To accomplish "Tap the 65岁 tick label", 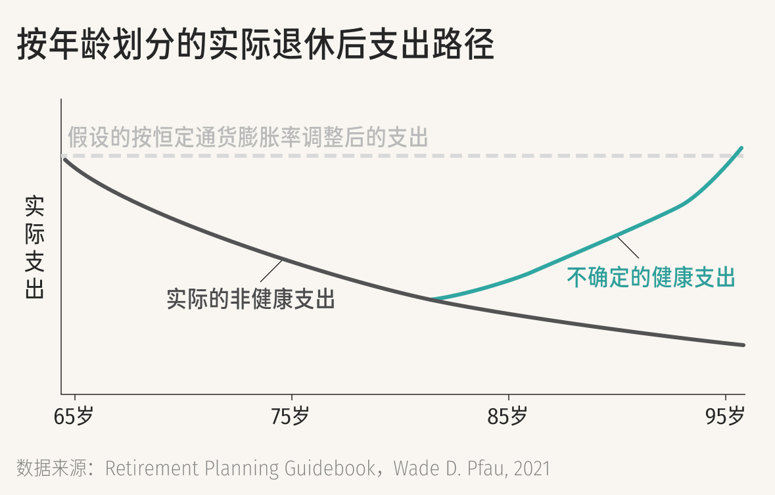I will point(74,416).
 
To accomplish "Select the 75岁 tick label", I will point(291,416).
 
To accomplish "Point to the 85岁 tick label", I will point(508,416).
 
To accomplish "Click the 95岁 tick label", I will point(725,416).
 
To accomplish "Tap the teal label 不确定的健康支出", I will point(651,277).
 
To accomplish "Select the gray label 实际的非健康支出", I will point(251,300).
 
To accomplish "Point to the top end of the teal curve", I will point(742,148).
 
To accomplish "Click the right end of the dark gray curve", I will point(743,344).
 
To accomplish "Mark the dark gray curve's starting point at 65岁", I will point(64,159).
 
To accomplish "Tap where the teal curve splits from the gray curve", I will point(431,299).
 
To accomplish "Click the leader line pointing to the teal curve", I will point(627,247).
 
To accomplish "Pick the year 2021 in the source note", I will point(532,468).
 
